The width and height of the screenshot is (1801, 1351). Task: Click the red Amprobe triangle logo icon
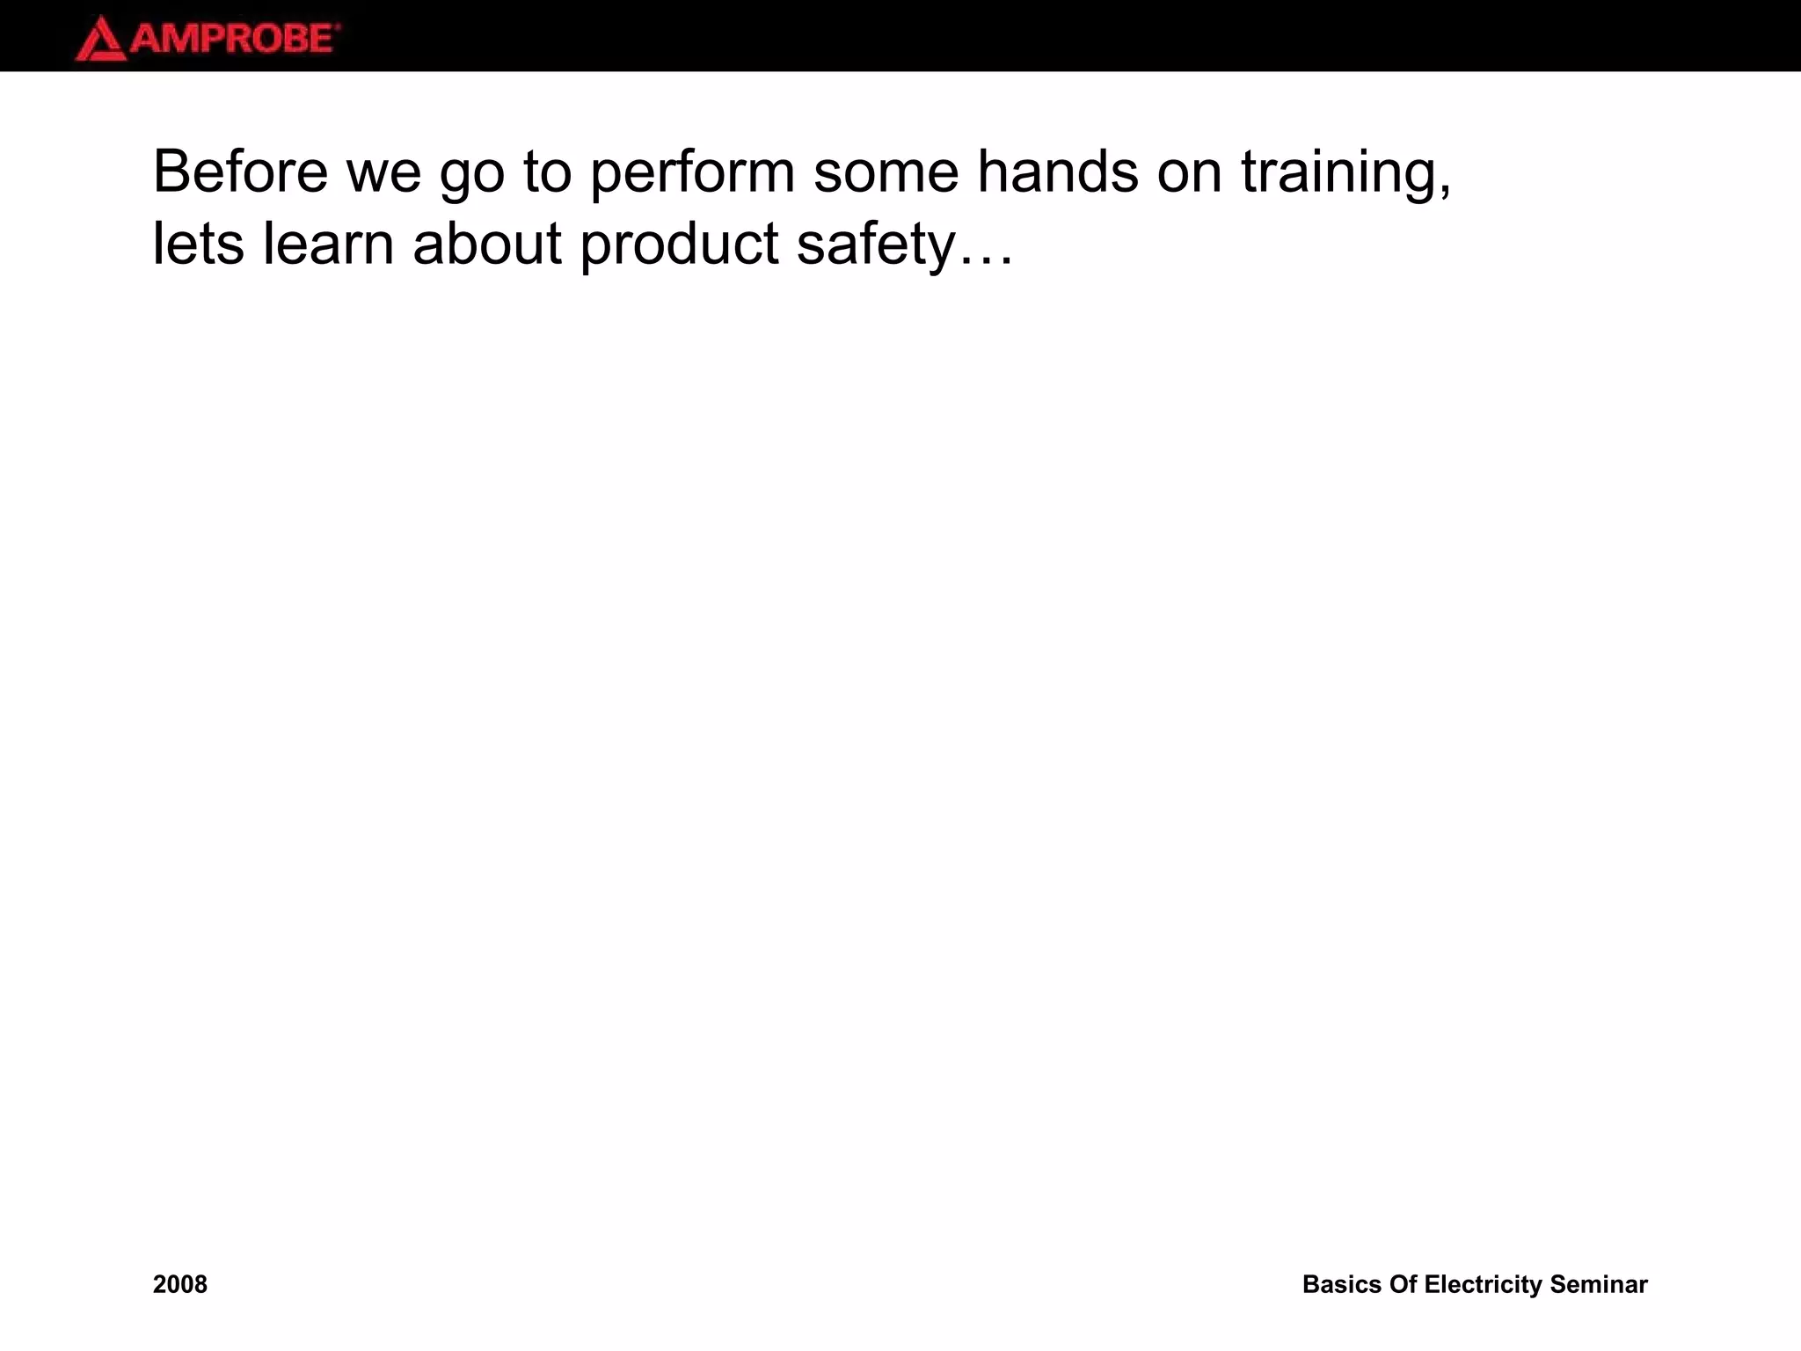(x=100, y=40)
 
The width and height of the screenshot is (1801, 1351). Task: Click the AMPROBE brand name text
(x=234, y=40)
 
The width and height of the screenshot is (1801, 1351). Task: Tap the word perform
(x=692, y=172)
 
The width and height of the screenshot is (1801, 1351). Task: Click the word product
(x=679, y=245)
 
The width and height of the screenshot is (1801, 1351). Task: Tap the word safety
(x=875, y=245)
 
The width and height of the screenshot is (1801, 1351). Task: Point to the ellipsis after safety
(x=987, y=260)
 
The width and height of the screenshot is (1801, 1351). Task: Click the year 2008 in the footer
(x=180, y=1284)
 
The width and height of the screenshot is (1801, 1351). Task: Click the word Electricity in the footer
(x=1483, y=1284)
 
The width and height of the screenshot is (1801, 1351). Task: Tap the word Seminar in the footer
(x=1599, y=1284)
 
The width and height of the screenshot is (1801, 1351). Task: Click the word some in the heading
(x=886, y=172)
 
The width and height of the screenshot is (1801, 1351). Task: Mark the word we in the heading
(x=384, y=172)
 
